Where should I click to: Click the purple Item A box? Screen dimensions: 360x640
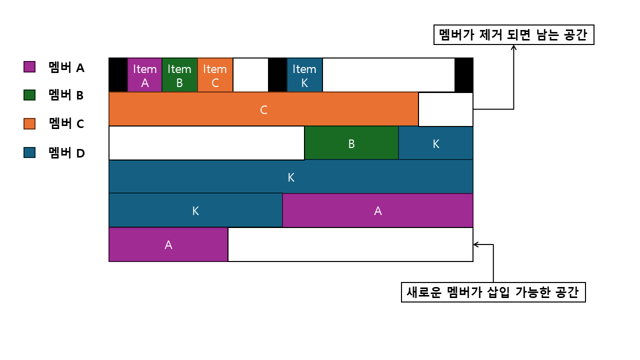(145, 75)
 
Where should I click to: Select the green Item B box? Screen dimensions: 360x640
(179, 75)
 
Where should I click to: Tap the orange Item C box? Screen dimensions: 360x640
(215, 75)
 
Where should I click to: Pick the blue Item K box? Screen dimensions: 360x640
(304, 75)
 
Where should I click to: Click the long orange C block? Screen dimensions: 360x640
(263, 109)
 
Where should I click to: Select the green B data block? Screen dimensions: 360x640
(351, 143)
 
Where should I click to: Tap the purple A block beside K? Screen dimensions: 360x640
(377, 210)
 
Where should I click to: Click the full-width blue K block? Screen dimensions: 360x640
(290, 176)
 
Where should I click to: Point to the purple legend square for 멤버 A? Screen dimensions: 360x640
(29, 66)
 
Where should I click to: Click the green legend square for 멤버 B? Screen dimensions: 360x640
(29, 95)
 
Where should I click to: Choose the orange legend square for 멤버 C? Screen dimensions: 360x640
(29, 123)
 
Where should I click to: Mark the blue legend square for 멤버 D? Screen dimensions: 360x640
(29, 152)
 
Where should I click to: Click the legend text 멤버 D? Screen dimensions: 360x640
(66, 153)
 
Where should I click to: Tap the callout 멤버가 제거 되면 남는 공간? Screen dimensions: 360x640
(513, 35)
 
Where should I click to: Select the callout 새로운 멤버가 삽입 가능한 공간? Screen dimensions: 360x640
(493, 292)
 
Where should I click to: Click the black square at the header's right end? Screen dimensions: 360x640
(463, 75)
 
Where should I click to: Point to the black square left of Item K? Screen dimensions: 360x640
(277, 75)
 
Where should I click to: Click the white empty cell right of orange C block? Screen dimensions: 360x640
(445, 109)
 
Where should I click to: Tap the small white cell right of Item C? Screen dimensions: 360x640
(250, 75)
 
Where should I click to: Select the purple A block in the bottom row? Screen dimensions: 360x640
(168, 244)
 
